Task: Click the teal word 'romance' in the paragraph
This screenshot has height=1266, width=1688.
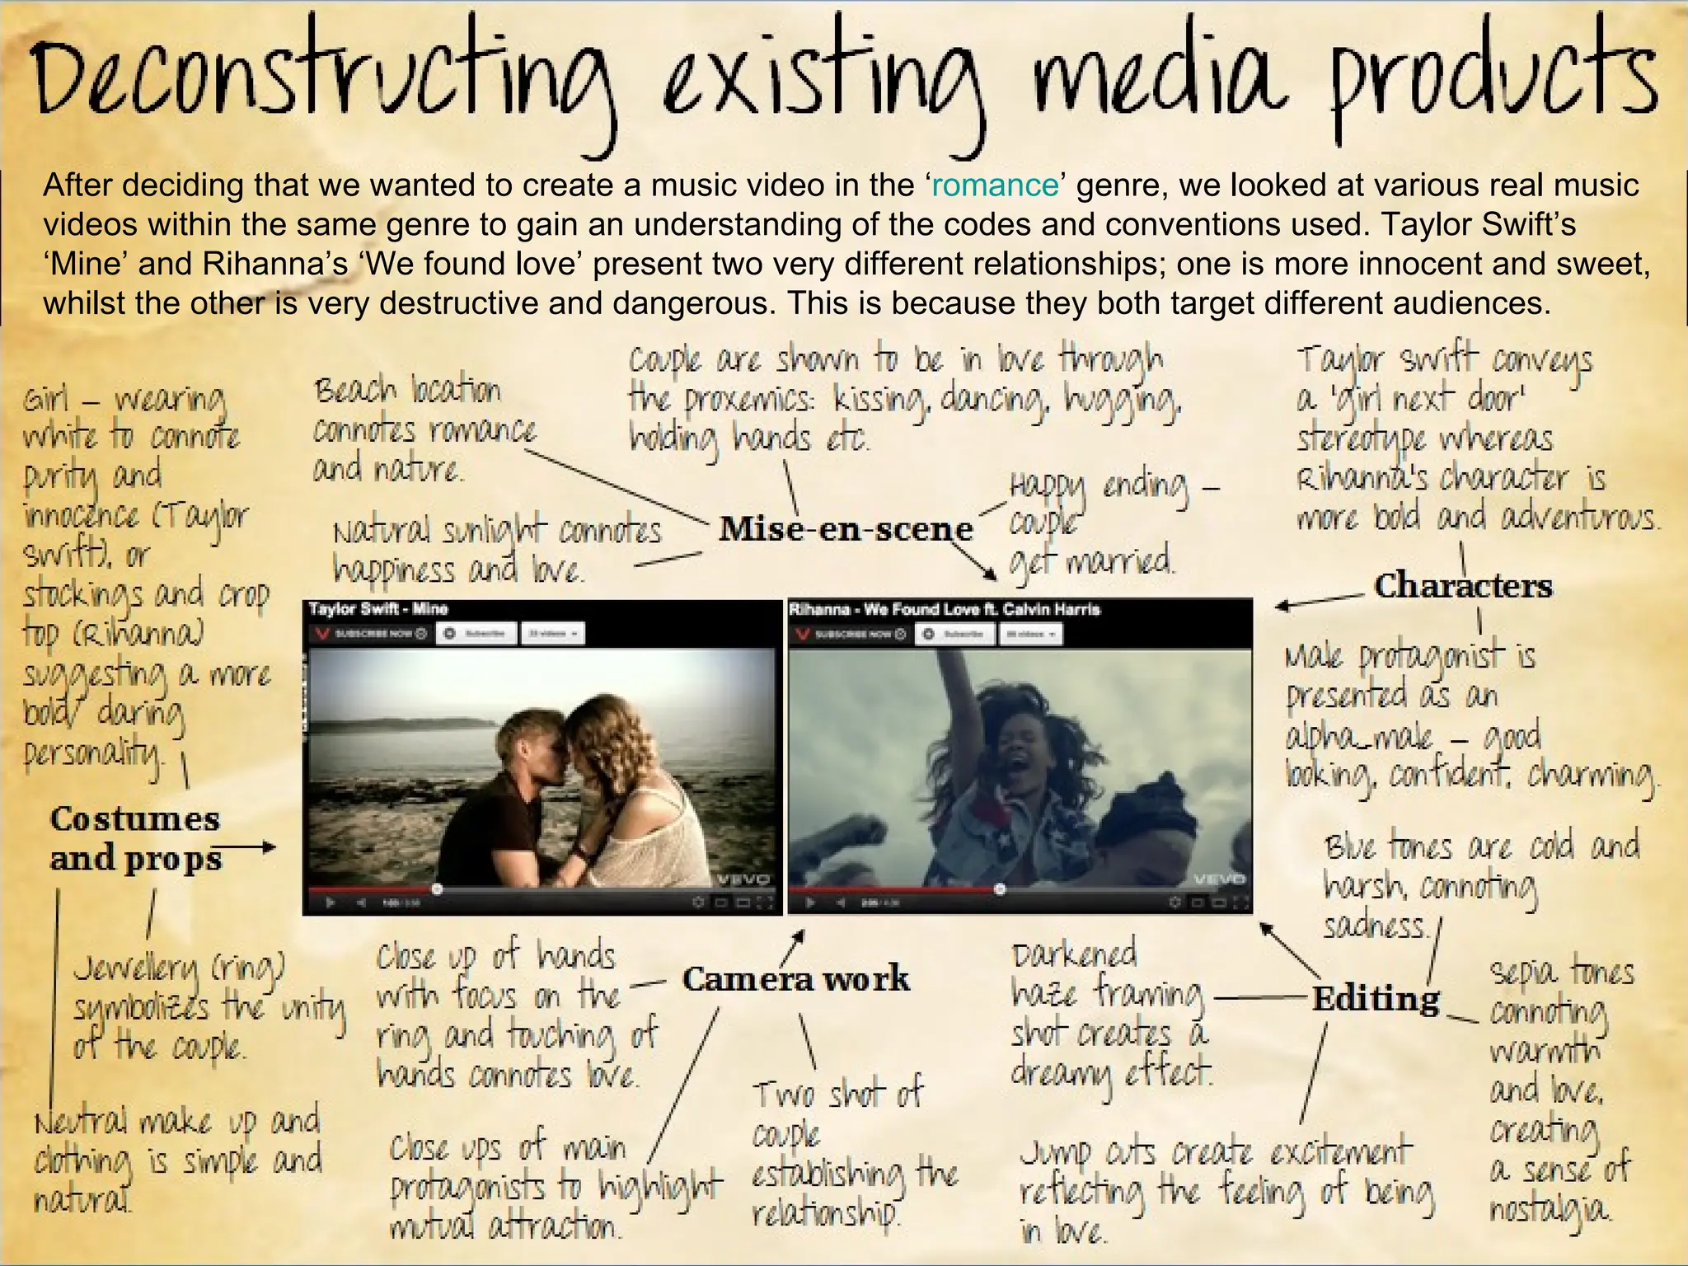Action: [x=995, y=185]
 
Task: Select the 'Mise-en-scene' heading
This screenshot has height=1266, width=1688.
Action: [x=846, y=528]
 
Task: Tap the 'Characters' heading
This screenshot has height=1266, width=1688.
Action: [x=1463, y=586]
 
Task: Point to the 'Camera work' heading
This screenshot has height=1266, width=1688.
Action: [x=795, y=979]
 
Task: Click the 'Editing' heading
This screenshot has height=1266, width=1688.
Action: [x=1376, y=999]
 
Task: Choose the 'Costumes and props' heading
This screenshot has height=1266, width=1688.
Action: [x=135, y=838]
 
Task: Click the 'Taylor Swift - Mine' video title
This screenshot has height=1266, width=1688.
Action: [x=377, y=609]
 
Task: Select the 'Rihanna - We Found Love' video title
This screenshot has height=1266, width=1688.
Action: [x=945, y=609]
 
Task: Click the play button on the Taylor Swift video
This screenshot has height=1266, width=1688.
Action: [x=331, y=903]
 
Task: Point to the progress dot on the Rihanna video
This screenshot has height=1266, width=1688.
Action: [x=1000, y=889]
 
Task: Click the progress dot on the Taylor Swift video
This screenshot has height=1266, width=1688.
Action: [x=437, y=889]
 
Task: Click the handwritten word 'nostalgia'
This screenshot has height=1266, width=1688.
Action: [x=1550, y=1210]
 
